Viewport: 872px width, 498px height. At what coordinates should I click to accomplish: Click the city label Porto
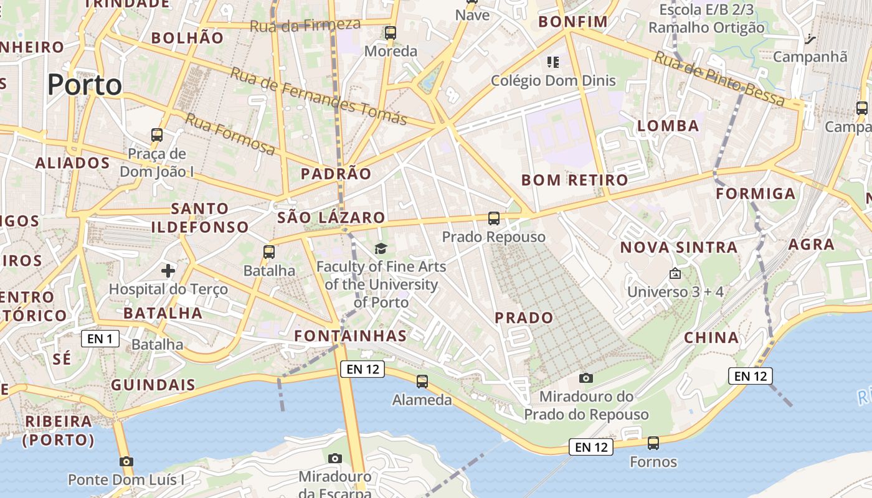pos(85,85)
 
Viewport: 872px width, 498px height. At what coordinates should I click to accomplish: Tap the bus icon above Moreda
pos(391,33)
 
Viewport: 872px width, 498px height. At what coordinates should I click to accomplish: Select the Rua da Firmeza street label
pos(305,26)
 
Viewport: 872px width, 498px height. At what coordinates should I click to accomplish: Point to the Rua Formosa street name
pos(230,134)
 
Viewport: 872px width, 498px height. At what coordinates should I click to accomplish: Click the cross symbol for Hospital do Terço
pos(168,271)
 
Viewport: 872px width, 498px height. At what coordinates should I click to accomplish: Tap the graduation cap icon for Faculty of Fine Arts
pos(381,249)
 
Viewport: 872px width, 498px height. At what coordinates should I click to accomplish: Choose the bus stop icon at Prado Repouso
pos(494,218)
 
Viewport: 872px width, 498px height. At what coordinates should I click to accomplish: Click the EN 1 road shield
pos(100,339)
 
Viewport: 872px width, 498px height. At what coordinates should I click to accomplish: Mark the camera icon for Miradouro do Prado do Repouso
pos(585,378)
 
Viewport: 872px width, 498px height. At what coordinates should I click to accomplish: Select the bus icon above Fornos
pos(653,443)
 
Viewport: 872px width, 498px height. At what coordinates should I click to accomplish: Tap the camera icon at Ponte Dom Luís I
pos(126,461)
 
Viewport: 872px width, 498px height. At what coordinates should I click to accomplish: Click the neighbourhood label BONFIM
pos(573,22)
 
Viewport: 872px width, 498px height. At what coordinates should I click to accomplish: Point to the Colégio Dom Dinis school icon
pos(552,62)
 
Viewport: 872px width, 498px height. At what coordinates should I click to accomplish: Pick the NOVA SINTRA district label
pos(678,248)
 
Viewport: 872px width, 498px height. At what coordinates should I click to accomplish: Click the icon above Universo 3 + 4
pos(675,273)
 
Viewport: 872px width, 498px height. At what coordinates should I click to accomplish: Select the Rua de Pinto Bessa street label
pos(719,78)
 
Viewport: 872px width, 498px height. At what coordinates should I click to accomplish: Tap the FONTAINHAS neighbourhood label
pos(350,336)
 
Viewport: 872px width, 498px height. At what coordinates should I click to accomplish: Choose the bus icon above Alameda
pos(422,381)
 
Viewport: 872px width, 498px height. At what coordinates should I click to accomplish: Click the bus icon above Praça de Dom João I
pos(157,134)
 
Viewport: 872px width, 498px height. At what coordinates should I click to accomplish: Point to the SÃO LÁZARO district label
pos(331,218)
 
